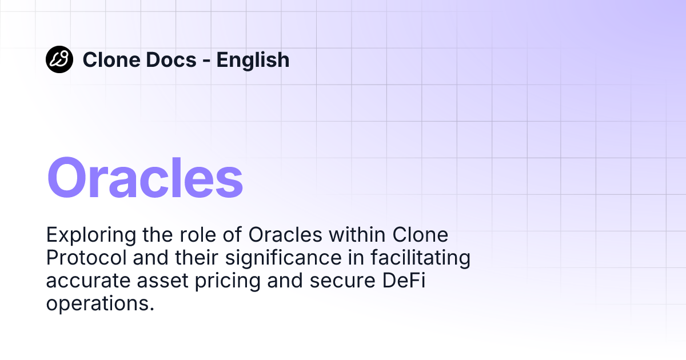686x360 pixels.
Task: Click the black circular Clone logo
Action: click(59, 59)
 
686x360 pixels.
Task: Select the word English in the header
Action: click(253, 60)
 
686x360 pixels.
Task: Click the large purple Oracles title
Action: click(145, 178)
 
